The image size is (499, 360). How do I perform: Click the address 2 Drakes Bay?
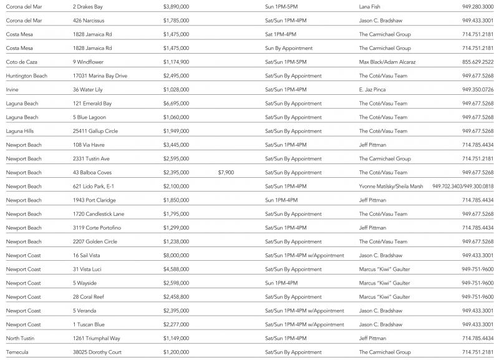(88, 6)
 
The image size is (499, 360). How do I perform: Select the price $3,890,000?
(176, 6)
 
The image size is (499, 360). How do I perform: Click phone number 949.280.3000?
(478, 6)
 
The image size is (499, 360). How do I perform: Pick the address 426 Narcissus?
(89, 20)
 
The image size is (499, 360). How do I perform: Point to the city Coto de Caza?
(22, 62)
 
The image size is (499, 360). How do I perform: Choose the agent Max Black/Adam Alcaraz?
(387, 62)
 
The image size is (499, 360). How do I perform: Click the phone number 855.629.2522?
(478, 62)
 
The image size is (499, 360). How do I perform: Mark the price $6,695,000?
(176, 104)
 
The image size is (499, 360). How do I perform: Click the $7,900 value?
(226, 172)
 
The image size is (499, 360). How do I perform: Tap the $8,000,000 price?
(176, 255)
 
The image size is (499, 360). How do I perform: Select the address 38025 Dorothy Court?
(97, 352)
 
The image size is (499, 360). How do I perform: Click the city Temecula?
(17, 352)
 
